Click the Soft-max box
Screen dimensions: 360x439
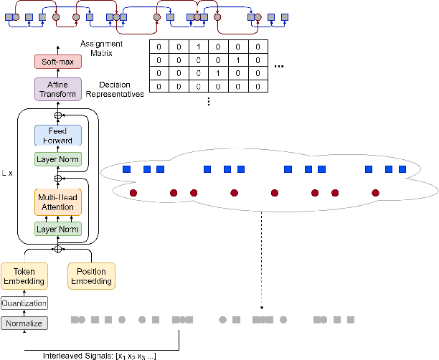pos(59,62)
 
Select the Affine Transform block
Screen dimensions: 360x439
pos(59,89)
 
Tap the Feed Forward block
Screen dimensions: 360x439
pos(59,136)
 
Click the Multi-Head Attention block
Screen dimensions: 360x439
pos(59,202)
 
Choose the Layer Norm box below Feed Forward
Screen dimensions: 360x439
pos(59,159)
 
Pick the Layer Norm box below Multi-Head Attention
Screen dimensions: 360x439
pos(59,229)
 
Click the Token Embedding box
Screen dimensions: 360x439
pos(24,276)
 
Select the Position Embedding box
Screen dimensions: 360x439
pos(91,276)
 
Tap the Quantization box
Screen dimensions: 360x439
pos(24,303)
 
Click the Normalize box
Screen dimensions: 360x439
pos(24,323)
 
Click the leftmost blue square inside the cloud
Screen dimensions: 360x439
pos(126,170)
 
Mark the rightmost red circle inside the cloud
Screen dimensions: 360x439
pos(374,192)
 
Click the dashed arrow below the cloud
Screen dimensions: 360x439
pos(260,258)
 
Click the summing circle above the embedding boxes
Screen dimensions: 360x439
pos(59,249)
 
